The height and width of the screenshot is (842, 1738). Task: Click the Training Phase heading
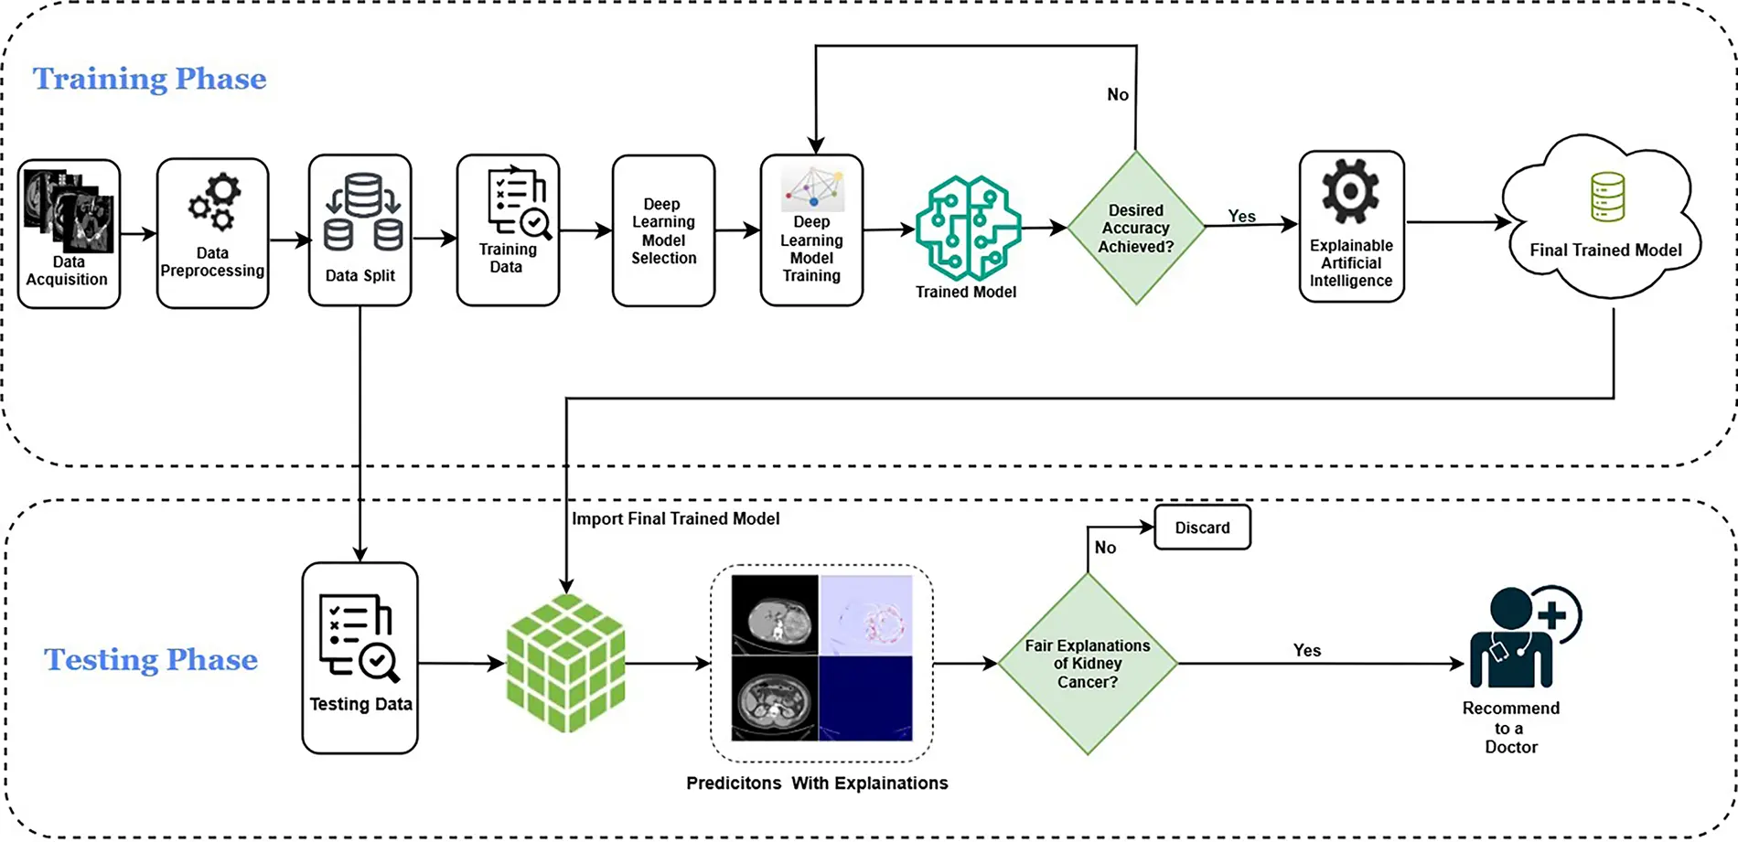(x=149, y=79)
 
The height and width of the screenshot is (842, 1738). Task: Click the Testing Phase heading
(x=151, y=659)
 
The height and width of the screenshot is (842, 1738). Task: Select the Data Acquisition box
(x=69, y=233)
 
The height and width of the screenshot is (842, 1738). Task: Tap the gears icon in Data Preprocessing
(x=214, y=202)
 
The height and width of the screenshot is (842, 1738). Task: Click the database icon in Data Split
(x=362, y=213)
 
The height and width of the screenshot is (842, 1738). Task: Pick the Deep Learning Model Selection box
(x=663, y=230)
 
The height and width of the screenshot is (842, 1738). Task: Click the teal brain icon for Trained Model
(x=968, y=228)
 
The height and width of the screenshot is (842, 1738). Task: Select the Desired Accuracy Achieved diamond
(x=1135, y=228)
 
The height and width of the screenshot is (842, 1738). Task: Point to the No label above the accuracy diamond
(x=1117, y=94)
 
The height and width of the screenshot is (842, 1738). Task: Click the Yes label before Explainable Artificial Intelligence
(x=1241, y=216)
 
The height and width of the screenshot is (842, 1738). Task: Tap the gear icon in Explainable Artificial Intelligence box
(x=1350, y=191)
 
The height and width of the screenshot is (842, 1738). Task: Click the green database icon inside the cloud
(x=1607, y=197)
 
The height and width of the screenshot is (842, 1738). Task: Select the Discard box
(x=1202, y=528)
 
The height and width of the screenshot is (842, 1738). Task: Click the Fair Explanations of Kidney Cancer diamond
(x=1087, y=664)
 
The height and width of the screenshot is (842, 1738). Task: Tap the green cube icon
(x=565, y=663)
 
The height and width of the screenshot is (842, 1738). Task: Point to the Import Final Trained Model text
(x=675, y=518)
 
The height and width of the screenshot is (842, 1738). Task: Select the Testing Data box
(x=359, y=657)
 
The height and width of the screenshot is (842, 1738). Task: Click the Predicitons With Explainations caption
(x=817, y=783)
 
